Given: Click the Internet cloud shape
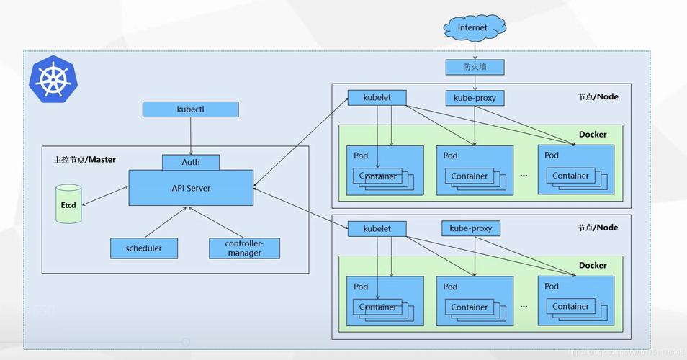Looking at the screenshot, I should [x=472, y=28].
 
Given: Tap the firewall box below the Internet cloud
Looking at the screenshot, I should [x=474, y=67].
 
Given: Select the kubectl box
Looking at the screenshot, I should [x=190, y=109].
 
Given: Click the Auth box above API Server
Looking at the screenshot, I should [x=191, y=162].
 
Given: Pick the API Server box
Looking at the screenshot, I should [x=191, y=187].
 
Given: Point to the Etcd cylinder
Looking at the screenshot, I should [x=68, y=204].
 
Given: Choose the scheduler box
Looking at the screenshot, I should [x=144, y=248].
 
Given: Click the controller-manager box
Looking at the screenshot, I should [x=244, y=248].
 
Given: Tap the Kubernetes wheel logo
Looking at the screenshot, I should [x=52, y=78].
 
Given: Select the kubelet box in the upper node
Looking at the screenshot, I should [x=377, y=97].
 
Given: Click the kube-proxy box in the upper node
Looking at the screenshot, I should [x=475, y=97].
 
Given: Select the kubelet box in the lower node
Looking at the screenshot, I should [x=377, y=229].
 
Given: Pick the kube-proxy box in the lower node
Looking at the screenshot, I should [x=471, y=228].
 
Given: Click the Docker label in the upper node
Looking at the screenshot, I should [x=593, y=135].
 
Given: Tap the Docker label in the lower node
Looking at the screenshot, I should [x=593, y=266].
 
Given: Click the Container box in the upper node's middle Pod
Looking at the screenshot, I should [x=470, y=176].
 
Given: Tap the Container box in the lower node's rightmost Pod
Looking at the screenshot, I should [x=570, y=307].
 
